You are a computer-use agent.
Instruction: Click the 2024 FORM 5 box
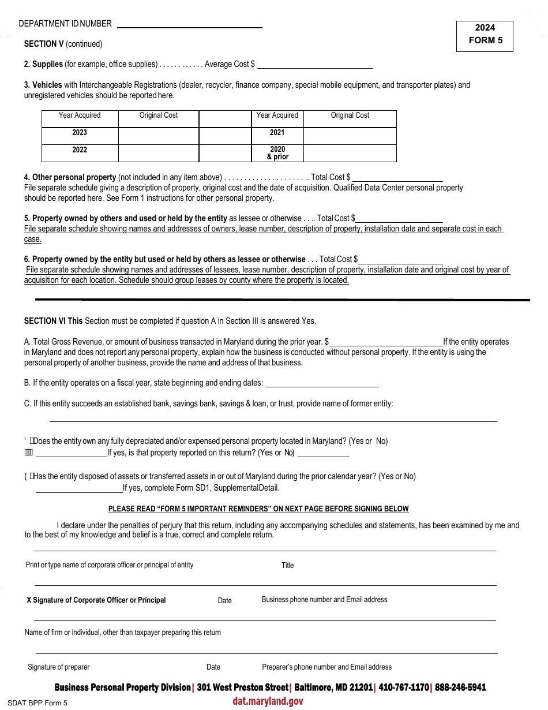(485, 36)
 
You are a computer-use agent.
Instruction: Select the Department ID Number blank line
(189, 24)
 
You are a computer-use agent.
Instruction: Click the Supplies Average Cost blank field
(315, 65)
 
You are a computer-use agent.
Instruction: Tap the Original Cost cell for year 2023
(159, 136)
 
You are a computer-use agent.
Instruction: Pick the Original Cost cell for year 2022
(159, 153)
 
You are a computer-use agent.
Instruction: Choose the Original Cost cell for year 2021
(350, 136)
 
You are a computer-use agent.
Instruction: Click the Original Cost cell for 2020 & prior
(350, 153)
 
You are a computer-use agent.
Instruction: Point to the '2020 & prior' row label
(277, 153)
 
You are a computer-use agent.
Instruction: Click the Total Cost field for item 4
(400, 177)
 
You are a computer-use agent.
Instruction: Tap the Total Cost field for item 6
(400, 259)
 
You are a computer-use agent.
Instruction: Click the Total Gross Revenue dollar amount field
(385, 342)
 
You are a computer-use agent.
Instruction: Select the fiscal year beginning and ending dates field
(322, 383)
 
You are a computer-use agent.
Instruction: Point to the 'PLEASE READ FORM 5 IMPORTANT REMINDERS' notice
(258, 509)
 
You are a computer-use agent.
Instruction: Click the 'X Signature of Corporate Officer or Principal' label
(96, 600)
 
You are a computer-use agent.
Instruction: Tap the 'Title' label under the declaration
(287, 566)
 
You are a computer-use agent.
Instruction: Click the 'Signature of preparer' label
(59, 667)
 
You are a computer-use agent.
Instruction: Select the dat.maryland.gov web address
(268, 701)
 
